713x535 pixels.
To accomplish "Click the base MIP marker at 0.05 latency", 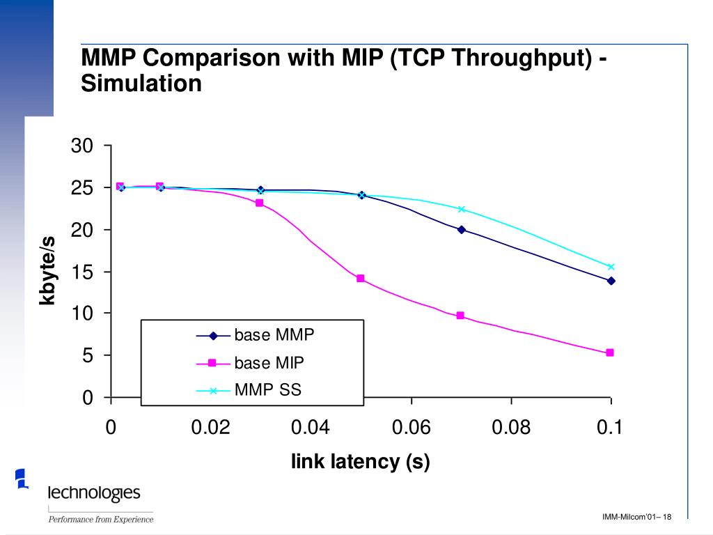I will click(x=361, y=279).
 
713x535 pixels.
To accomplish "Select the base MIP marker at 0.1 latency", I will click(x=610, y=353).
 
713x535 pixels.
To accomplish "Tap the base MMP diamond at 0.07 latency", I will click(x=461, y=229).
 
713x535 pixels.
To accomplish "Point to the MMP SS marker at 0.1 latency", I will click(x=611, y=267).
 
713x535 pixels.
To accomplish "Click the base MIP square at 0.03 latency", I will click(x=260, y=203).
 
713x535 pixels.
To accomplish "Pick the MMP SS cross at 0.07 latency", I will click(x=461, y=209).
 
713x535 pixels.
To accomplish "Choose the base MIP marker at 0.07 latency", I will click(x=460, y=316).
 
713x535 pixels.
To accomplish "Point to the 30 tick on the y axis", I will click(x=81, y=146).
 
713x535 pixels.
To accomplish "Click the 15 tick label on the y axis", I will click(x=81, y=272).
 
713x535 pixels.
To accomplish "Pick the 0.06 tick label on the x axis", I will click(x=411, y=427).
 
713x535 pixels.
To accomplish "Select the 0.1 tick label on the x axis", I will click(x=609, y=427).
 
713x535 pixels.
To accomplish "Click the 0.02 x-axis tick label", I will click(x=210, y=427).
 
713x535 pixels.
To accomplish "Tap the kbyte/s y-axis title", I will click(x=47, y=270).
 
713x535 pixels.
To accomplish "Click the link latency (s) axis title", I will click(x=360, y=461).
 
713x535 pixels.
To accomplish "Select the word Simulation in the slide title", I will click(x=141, y=84).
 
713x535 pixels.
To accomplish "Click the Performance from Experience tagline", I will click(x=100, y=518).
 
